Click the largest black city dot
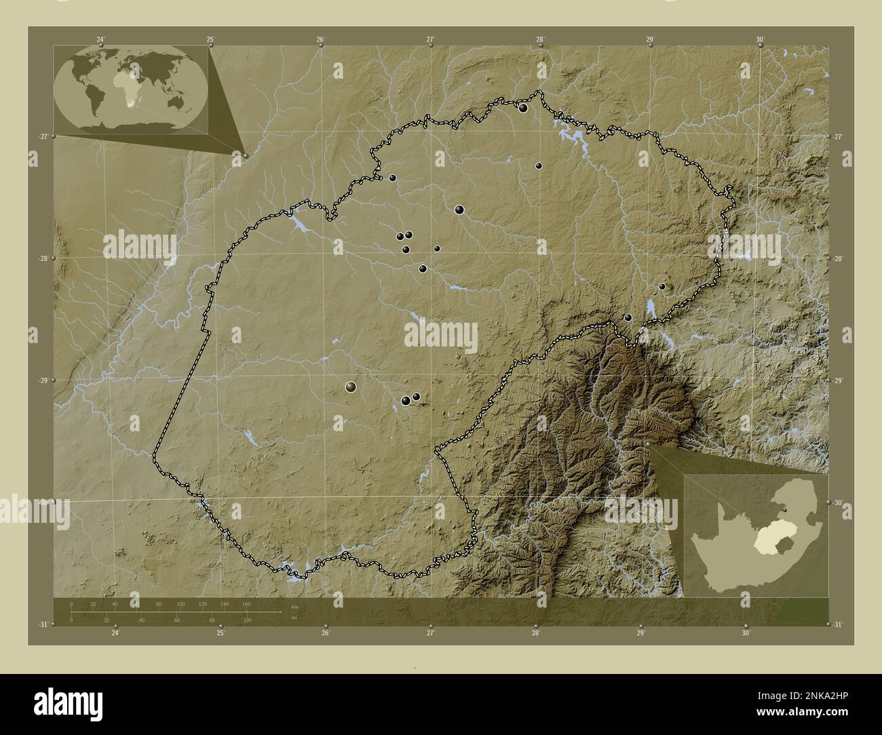(x=351, y=386)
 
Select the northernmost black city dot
(x=523, y=108)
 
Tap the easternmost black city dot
(x=662, y=286)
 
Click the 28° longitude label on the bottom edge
(x=535, y=633)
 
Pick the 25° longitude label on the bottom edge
(x=220, y=633)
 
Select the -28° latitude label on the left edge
(x=43, y=258)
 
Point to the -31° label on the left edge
(x=43, y=624)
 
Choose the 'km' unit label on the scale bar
(x=294, y=606)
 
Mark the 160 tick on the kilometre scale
(x=246, y=603)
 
